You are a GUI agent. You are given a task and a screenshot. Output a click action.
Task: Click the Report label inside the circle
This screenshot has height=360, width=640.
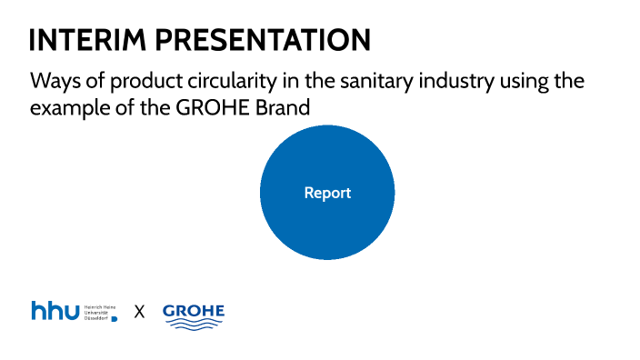[x=327, y=193]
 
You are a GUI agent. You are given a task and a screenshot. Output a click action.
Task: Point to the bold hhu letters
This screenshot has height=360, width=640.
[x=55, y=311]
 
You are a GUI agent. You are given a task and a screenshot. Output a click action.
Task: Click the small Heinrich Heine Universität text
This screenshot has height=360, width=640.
[x=98, y=311]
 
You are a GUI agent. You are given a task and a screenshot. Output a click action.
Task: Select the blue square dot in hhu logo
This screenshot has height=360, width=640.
[x=114, y=319]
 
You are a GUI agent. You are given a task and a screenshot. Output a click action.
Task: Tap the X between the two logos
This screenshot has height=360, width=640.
[x=139, y=312]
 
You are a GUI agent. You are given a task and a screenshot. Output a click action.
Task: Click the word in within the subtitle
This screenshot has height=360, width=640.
[x=290, y=80]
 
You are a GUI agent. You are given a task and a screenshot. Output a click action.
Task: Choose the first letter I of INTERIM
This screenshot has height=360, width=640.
[x=34, y=40]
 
